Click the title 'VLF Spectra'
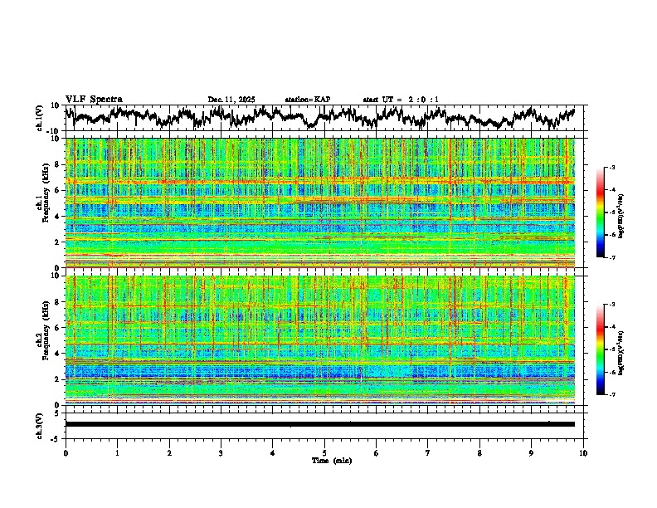pos(94,99)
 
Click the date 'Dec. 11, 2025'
pos(231,100)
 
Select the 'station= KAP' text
pos(308,100)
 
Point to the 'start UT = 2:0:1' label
pos(401,100)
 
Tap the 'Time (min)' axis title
pos(324,460)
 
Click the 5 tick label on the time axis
pos(324,452)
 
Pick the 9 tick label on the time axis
pos(532,452)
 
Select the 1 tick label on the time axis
pos(117,452)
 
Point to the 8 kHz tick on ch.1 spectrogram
pos(56,164)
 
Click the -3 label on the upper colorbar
pos(611,168)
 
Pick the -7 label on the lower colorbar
pos(611,394)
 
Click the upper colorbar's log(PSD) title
pos(621,213)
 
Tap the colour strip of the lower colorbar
pos(600,349)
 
